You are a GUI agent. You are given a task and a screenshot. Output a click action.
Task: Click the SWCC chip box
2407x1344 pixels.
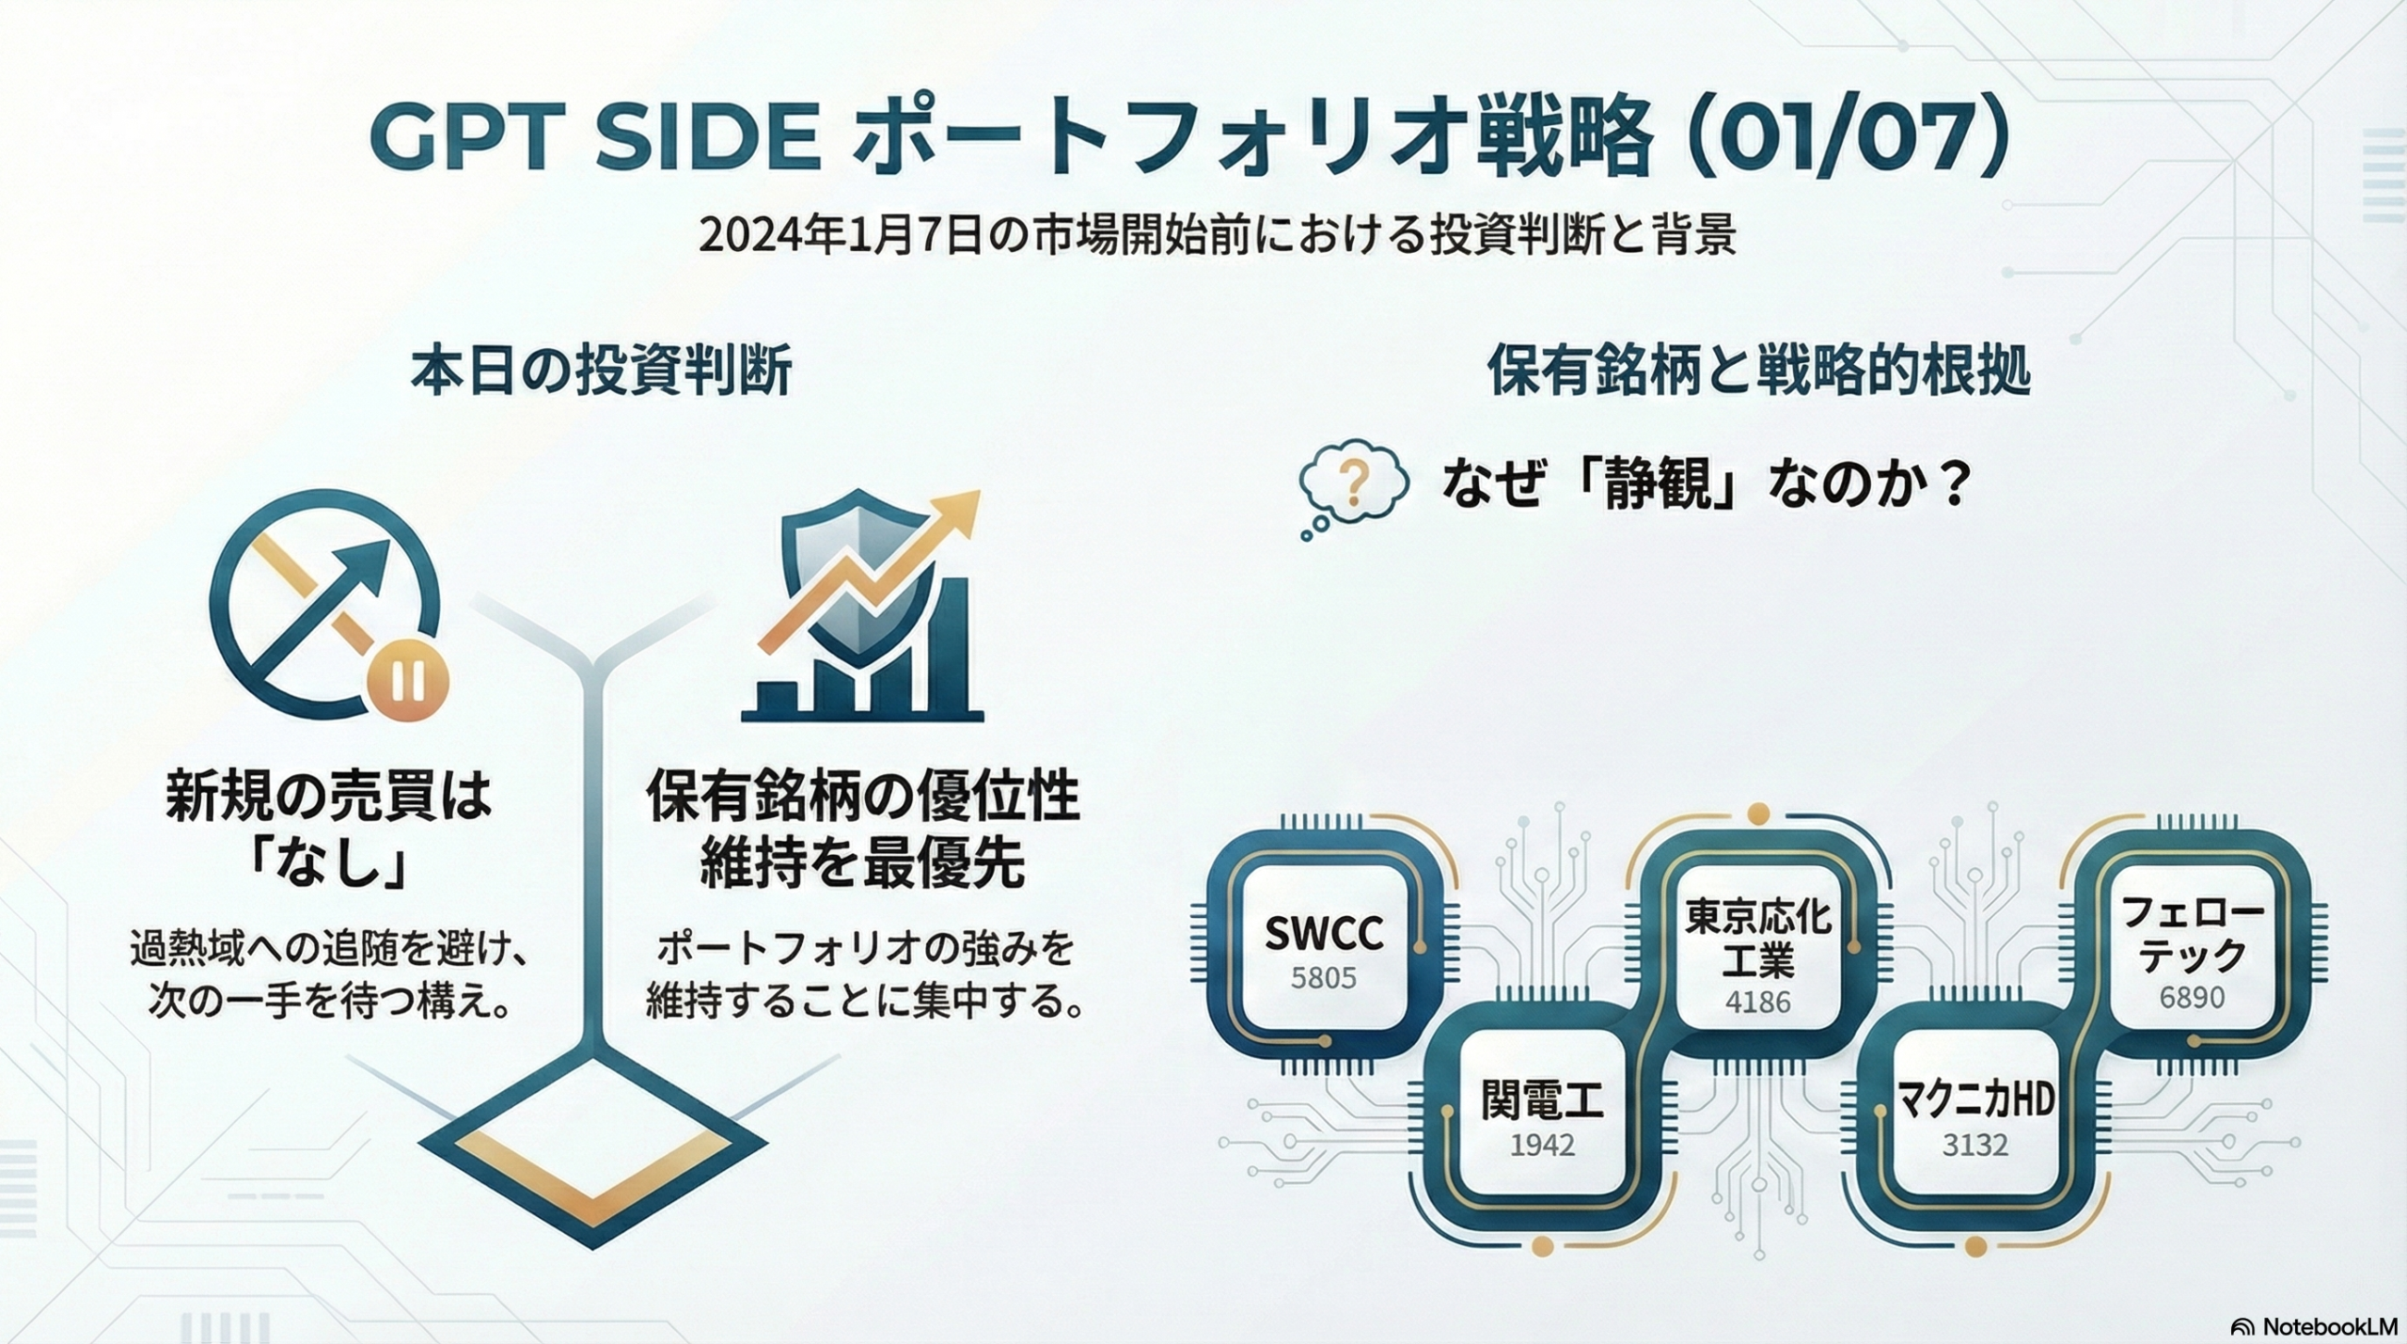pyautogui.click(x=1324, y=946)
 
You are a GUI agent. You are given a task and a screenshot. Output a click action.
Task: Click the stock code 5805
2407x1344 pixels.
pyautogui.click(x=1324, y=978)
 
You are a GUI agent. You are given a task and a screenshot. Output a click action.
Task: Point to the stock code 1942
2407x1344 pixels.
pyautogui.click(x=1542, y=1145)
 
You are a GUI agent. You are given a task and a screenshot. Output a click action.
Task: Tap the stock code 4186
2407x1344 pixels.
pyautogui.click(x=1758, y=1002)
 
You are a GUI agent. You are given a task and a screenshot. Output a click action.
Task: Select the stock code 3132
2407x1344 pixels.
pyautogui.click(x=1974, y=1145)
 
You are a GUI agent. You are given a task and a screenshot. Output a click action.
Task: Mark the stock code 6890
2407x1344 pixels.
pyautogui.click(x=2192, y=996)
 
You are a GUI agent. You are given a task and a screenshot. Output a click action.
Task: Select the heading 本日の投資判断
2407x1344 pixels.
pyautogui.click(x=601, y=371)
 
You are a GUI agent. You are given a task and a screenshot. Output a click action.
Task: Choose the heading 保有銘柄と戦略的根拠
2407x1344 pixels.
pyautogui.click(x=1758, y=371)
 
